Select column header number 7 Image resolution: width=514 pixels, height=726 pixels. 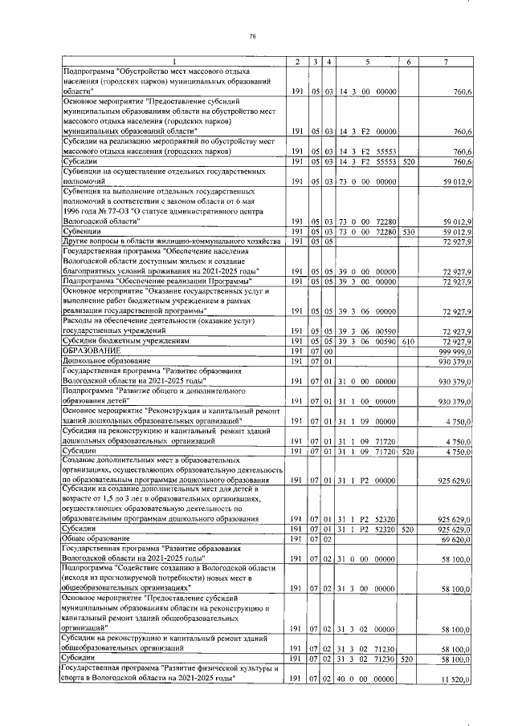(x=455, y=63)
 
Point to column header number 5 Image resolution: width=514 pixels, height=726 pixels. (x=367, y=63)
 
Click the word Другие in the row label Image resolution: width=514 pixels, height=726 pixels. (x=78, y=241)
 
